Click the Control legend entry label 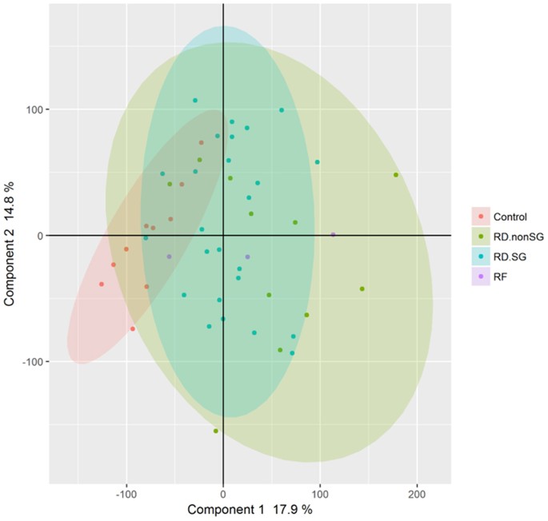coord(510,216)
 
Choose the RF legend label coord(501,276)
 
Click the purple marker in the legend coord(480,276)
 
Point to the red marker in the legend coord(480,216)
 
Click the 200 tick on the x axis coord(416,494)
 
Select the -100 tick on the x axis coord(126,494)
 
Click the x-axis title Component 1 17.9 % coord(249,509)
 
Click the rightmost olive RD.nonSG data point coord(396,175)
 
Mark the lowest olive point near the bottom coord(216,431)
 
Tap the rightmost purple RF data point coord(334,235)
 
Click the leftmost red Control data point coord(102,284)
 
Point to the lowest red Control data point coord(133,328)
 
